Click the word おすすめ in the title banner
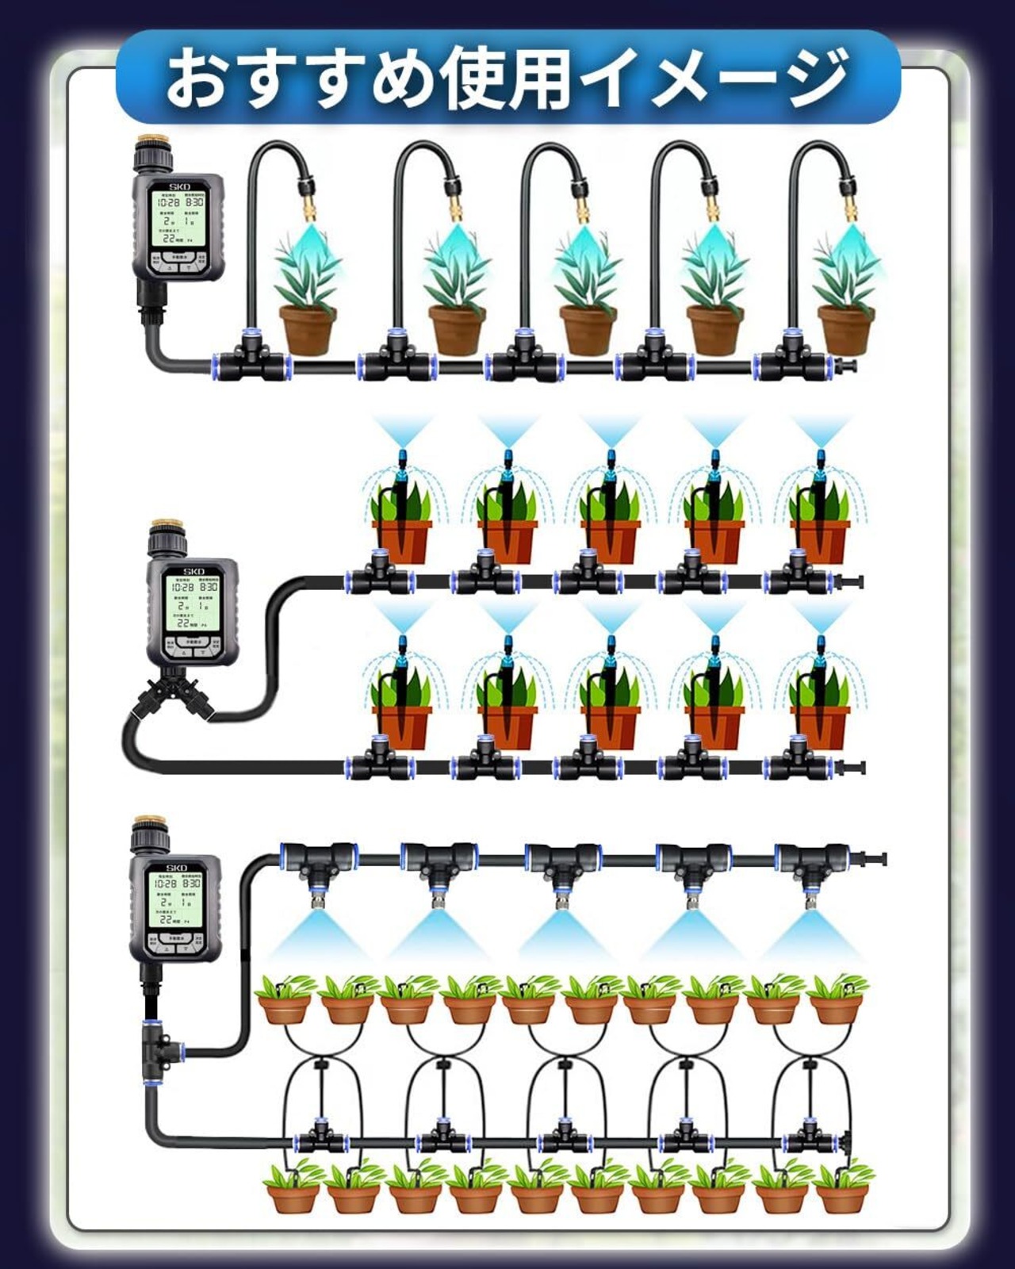(x=297, y=79)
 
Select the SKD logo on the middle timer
(x=193, y=571)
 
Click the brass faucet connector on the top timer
(x=153, y=148)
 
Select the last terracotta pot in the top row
(x=845, y=328)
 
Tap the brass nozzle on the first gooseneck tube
(x=307, y=209)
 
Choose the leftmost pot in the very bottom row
(x=290, y=1194)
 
